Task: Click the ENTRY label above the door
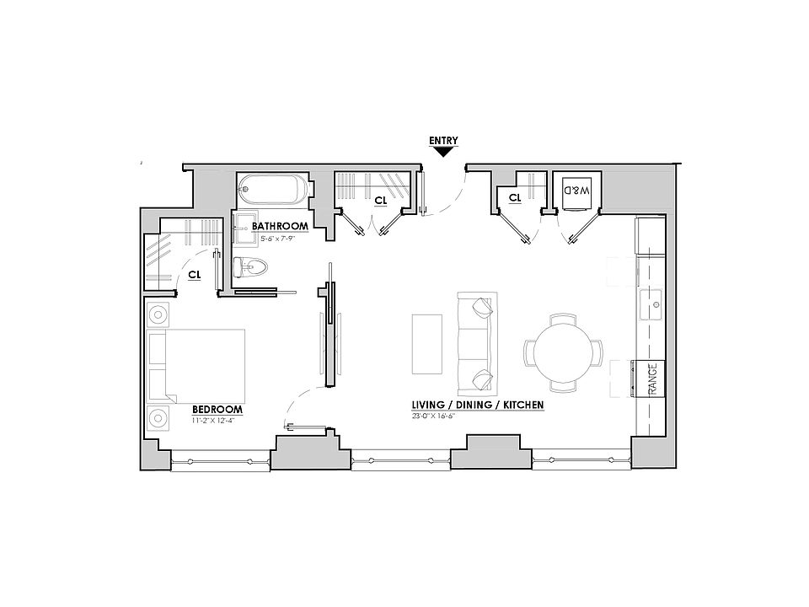click(442, 140)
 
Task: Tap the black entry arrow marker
click(442, 152)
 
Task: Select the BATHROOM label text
click(280, 227)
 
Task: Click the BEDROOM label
click(217, 410)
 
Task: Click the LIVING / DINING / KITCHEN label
click(477, 406)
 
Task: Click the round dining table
click(563, 352)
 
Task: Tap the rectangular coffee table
click(427, 343)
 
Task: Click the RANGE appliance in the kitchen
click(651, 378)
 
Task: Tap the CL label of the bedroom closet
click(194, 274)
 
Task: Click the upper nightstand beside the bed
click(158, 315)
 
